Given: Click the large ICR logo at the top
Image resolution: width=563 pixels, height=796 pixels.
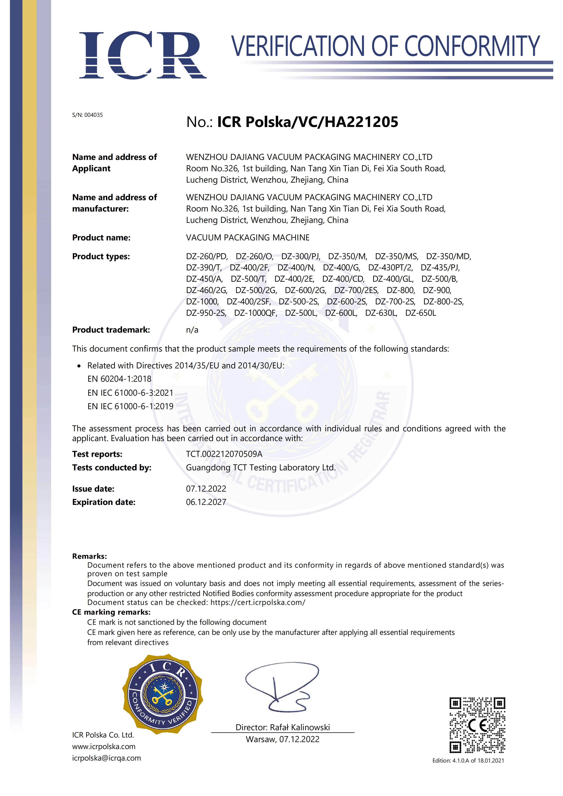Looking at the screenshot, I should tap(143, 55).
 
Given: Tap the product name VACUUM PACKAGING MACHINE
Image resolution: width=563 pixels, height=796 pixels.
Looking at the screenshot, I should tap(248, 238).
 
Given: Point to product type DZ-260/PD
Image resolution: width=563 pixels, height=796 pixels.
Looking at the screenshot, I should tap(207, 257).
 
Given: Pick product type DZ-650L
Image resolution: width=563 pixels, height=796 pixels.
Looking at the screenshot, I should tap(420, 313).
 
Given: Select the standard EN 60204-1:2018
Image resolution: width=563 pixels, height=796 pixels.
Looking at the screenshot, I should tap(119, 379).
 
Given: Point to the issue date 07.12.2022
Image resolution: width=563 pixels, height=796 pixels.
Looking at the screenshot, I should tap(206, 489).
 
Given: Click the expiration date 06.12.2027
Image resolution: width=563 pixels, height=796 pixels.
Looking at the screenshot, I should tap(206, 502).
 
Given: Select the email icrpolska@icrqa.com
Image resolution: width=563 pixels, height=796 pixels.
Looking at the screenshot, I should tap(106, 758).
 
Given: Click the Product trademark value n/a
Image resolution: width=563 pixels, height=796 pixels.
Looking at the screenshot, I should tap(192, 330).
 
